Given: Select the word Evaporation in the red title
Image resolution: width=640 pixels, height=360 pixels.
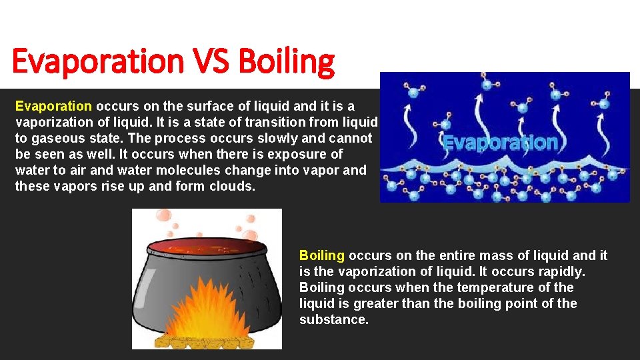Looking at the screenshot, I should pos(97,62).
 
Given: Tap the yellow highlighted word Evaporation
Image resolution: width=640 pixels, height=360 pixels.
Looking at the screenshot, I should pos(53,106).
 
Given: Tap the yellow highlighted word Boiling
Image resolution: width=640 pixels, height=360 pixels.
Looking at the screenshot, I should pos(322,255).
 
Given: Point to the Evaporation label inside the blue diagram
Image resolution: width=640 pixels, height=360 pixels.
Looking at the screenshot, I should pos(500,143).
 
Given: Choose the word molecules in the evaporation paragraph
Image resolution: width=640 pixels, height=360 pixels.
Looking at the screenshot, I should pos(167,170).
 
